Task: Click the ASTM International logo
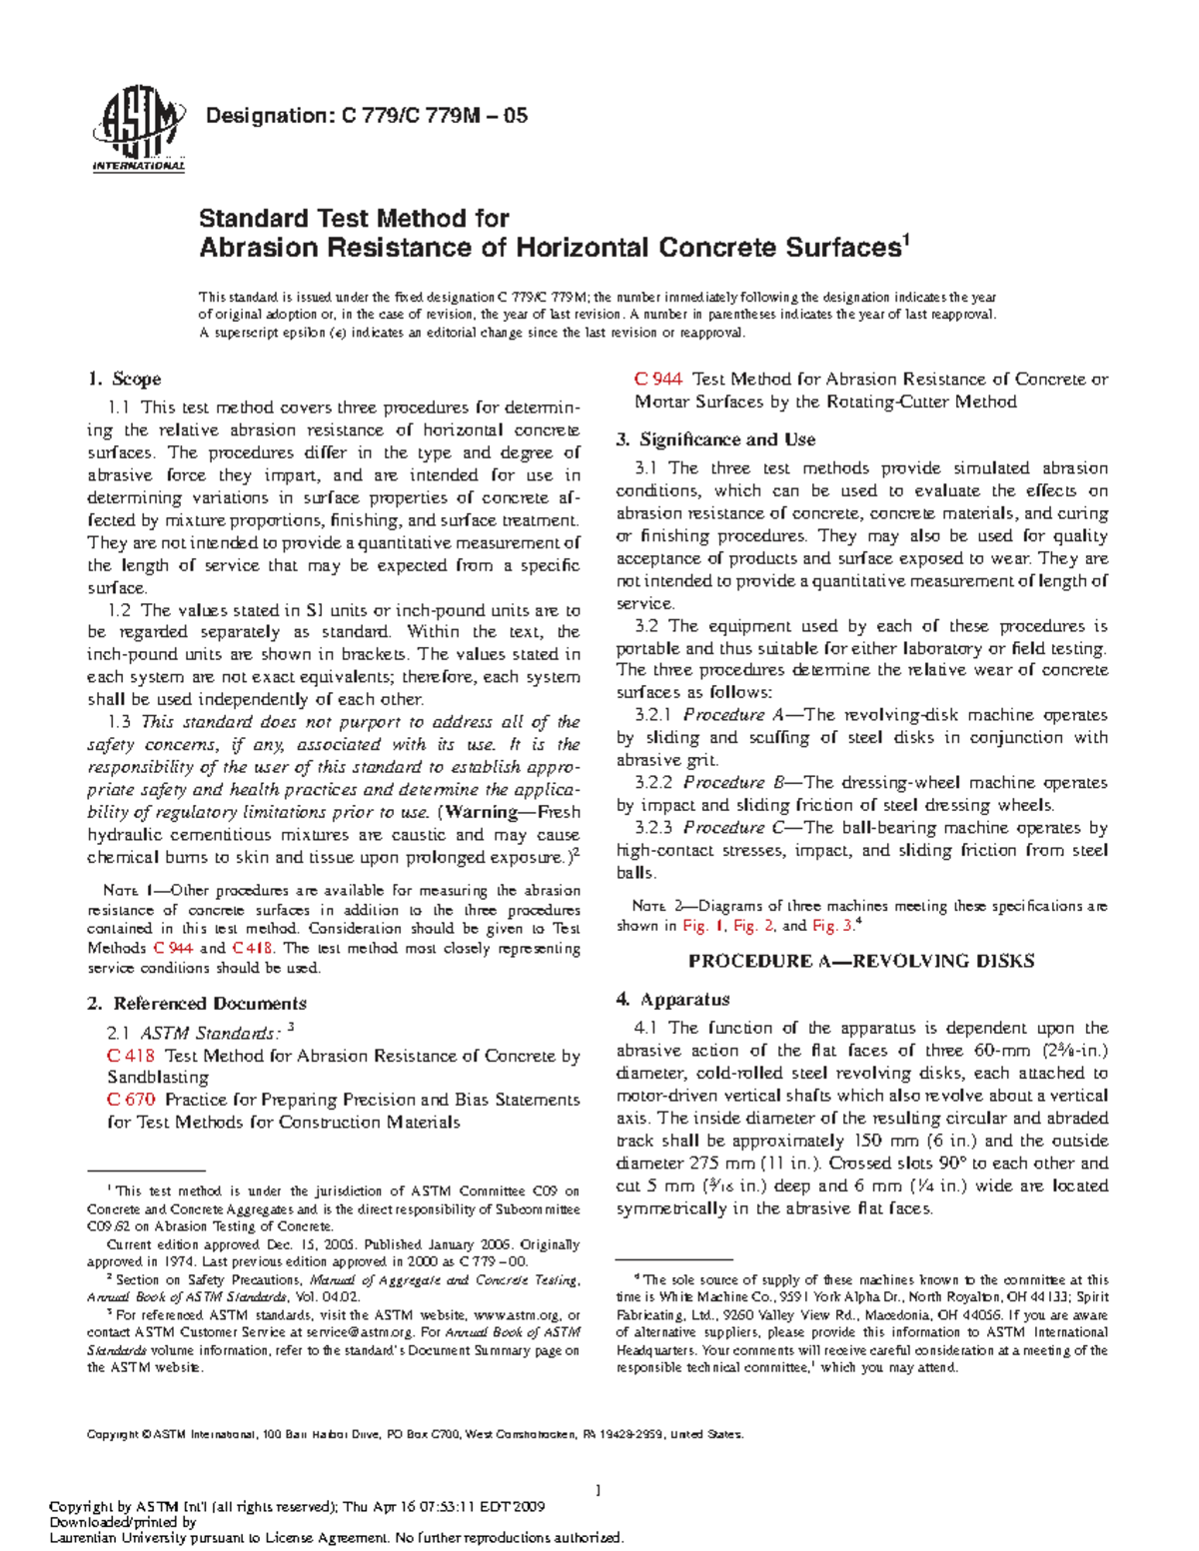click(138, 129)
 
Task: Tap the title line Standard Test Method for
click(354, 218)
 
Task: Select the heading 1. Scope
click(124, 379)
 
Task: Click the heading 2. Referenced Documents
click(197, 1003)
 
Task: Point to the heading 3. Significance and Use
click(715, 439)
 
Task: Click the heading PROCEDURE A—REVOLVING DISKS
click(861, 961)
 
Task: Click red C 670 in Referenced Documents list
click(131, 1100)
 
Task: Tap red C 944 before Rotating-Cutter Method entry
click(658, 380)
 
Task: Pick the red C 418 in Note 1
click(252, 948)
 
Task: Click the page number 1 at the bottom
click(598, 1490)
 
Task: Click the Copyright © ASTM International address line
click(415, 1434)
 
